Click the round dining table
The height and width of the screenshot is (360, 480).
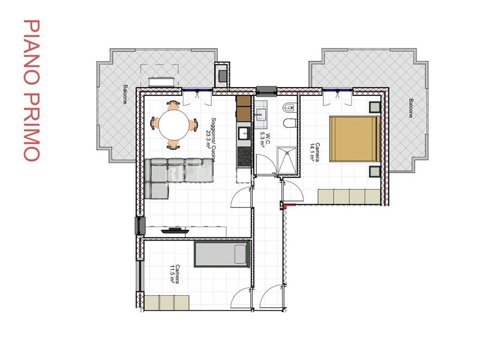[173, 125]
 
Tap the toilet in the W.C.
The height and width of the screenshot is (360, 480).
[290, 124]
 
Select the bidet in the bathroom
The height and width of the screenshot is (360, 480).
[290, 107]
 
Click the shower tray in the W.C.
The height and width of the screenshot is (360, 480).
[287, 161]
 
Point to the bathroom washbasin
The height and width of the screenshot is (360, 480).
[261, 114]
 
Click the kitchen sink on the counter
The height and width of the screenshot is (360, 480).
[244, 133]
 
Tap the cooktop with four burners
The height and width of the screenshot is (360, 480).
[244, 156]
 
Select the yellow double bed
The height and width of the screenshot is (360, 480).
[355, 139]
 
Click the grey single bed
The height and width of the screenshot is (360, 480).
[222, 254]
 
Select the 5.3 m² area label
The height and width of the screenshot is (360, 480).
[263, 140]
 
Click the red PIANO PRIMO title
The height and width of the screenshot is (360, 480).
[32, 91]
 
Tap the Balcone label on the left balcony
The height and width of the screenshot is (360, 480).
[125, 94]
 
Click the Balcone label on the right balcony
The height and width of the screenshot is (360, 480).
[410, 108]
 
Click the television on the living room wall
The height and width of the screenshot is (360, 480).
[175, 230]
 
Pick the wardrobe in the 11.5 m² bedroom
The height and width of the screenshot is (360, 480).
[167, 302]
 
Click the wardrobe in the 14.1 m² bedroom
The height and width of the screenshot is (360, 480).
[349, 197]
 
